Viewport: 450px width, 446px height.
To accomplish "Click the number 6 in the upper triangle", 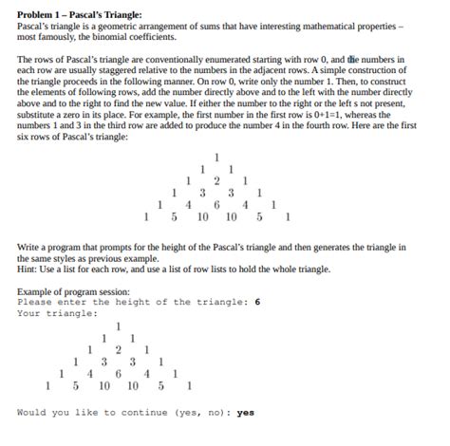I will tap(217, 202).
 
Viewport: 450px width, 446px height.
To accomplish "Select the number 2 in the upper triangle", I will tap(217, 179).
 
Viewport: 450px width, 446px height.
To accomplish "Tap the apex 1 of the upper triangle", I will tap(217, 157).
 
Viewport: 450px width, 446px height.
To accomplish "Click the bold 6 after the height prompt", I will tap(257, 303).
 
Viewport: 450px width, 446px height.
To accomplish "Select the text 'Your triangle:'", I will tap(58, 314).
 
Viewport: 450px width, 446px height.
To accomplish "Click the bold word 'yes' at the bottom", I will tap(246, 413).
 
